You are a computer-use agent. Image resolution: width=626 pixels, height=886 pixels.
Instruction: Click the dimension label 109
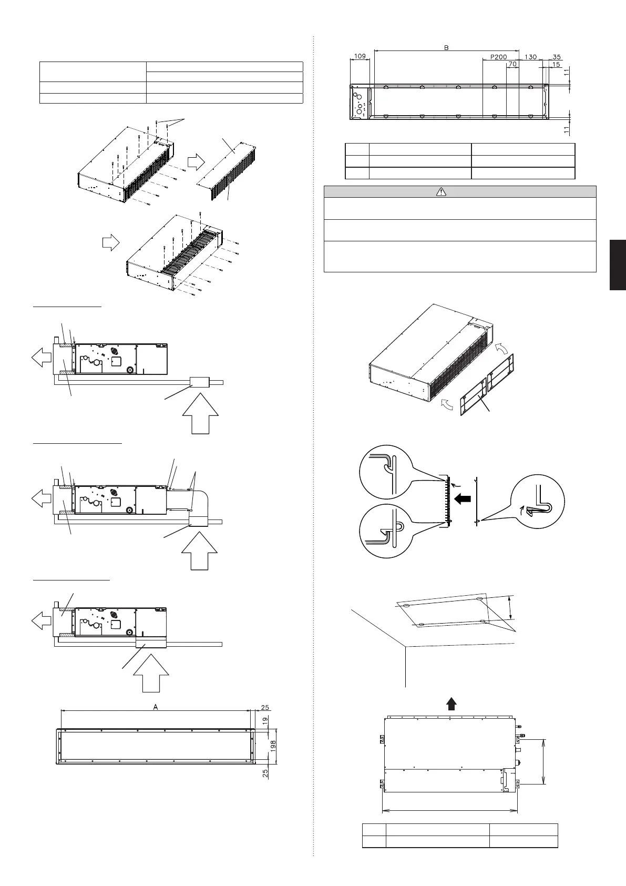(x=360, y=56)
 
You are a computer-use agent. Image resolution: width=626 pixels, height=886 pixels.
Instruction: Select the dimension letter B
(x=446, y=48)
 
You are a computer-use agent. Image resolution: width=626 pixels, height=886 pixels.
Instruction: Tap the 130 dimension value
(x=531, y=56)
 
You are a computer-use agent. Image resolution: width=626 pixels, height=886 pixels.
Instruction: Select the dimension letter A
(x=156, y=707)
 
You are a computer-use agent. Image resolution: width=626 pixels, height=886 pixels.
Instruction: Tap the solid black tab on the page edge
(x=618, y=264)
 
